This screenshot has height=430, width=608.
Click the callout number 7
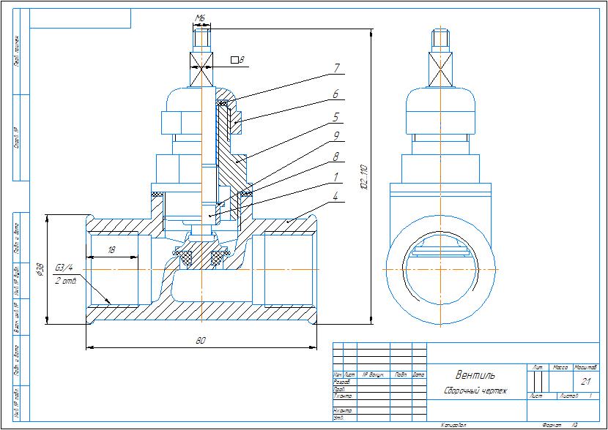pos(335,68)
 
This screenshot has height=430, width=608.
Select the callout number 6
pos(335,94)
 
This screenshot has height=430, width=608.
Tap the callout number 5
pos(335,116)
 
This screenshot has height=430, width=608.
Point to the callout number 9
pos(335,135)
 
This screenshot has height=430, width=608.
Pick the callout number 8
pos(335,156)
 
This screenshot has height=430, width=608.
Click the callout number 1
pos(335,176)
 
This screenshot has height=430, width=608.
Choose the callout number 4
pos(335,196)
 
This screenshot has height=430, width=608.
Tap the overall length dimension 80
pos(200,339)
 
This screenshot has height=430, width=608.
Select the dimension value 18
pos(111,250)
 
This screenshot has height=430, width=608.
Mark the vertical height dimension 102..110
pos(363,176)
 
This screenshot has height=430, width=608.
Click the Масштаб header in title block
pos(586,366)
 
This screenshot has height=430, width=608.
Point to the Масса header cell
pos(561,366)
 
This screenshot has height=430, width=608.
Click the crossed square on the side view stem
pos(442,72)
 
